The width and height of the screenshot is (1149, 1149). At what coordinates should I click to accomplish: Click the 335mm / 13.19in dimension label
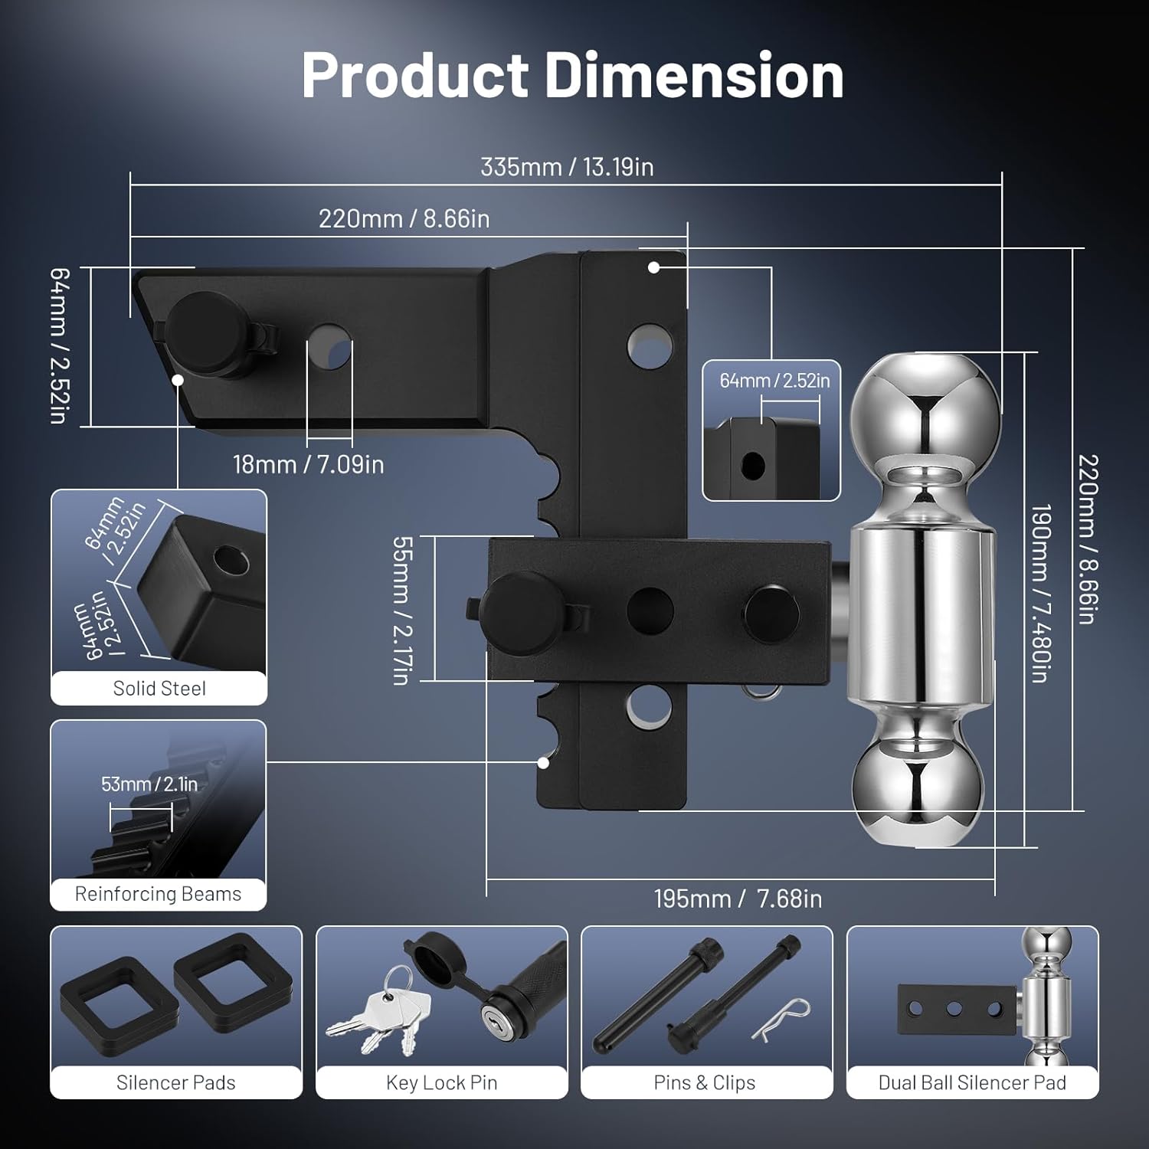567,167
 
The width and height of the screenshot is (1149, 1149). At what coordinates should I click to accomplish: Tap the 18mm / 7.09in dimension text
309,464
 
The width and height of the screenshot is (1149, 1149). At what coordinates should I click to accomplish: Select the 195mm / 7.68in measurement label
738,899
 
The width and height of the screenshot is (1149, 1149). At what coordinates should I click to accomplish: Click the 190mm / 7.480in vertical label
1039,593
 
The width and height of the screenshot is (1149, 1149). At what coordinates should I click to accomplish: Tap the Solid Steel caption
159,689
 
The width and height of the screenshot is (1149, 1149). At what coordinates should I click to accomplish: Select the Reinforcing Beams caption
158,894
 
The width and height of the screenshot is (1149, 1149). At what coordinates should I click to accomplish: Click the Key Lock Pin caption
442,1082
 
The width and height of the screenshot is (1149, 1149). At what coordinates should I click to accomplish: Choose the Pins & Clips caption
705,1082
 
